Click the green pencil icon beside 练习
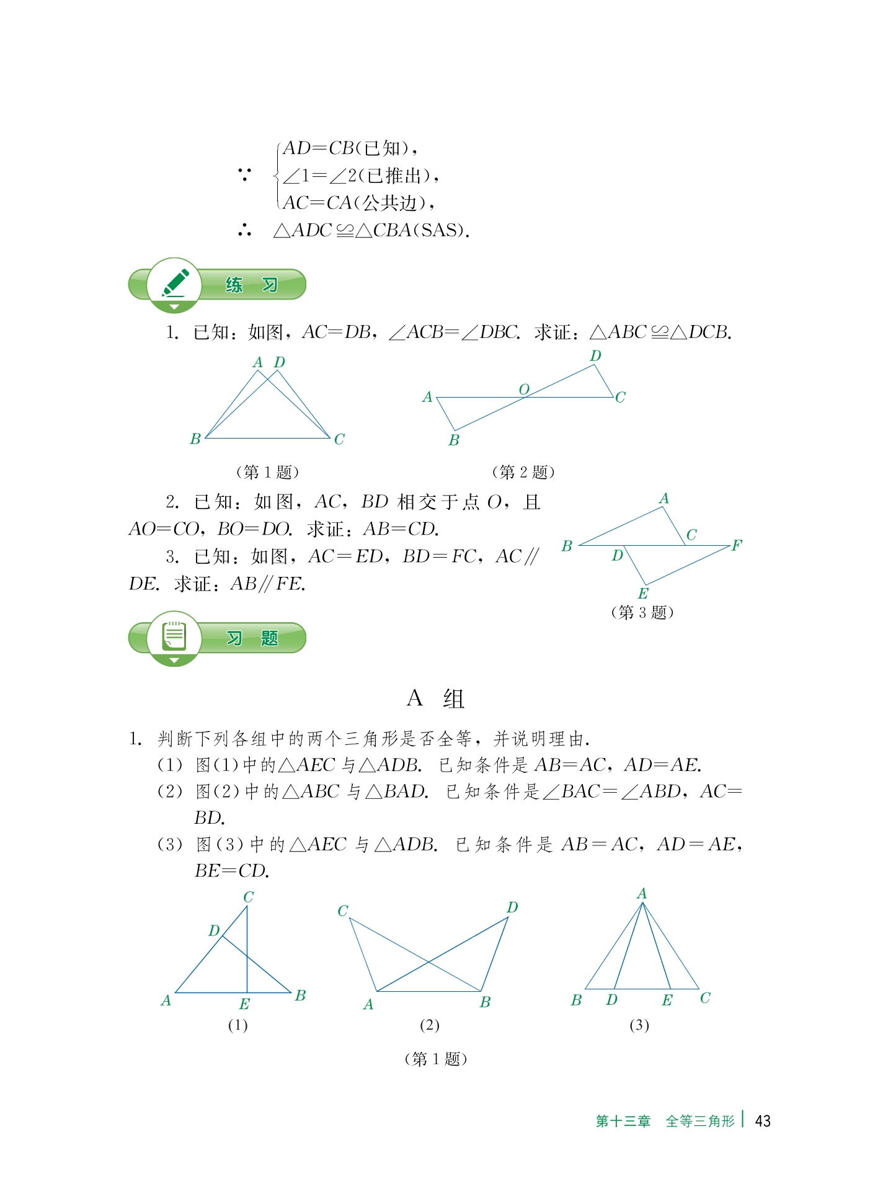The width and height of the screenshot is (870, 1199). click(x=175, y=284)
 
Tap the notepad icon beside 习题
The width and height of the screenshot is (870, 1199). click(x=174, y=637)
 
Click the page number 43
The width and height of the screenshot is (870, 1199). click(x=762, y=1121)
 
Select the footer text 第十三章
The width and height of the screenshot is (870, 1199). click(x=623, y=1121)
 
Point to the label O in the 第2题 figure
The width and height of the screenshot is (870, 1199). click(x=524, y=389)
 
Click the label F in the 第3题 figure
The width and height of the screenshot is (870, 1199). click(x=737, y=545)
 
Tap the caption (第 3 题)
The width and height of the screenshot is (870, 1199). click(x=642, y=612)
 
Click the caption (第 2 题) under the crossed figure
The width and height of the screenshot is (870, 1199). click(x=523, y=472)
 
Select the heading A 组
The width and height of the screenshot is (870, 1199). click(x=435, y=698)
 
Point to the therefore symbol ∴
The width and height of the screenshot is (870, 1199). click(x=244, y=230)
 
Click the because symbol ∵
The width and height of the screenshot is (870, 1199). click(x=244, y=175)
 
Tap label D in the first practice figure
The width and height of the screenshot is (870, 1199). click(x=280, y=362)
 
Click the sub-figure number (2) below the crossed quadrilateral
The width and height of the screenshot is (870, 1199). click(x=429, y=1025)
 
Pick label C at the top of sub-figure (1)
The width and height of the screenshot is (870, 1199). click(x=248, y=897)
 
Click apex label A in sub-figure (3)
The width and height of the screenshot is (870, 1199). click(x=642, y=893)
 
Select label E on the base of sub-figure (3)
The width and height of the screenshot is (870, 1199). click(x=667, y=1000)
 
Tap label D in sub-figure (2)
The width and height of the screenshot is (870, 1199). click(x=512, y=907)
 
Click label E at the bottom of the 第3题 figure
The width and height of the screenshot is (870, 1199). click(x=643, y=593)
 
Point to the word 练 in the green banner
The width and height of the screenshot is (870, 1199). click(x=234, y=285)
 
